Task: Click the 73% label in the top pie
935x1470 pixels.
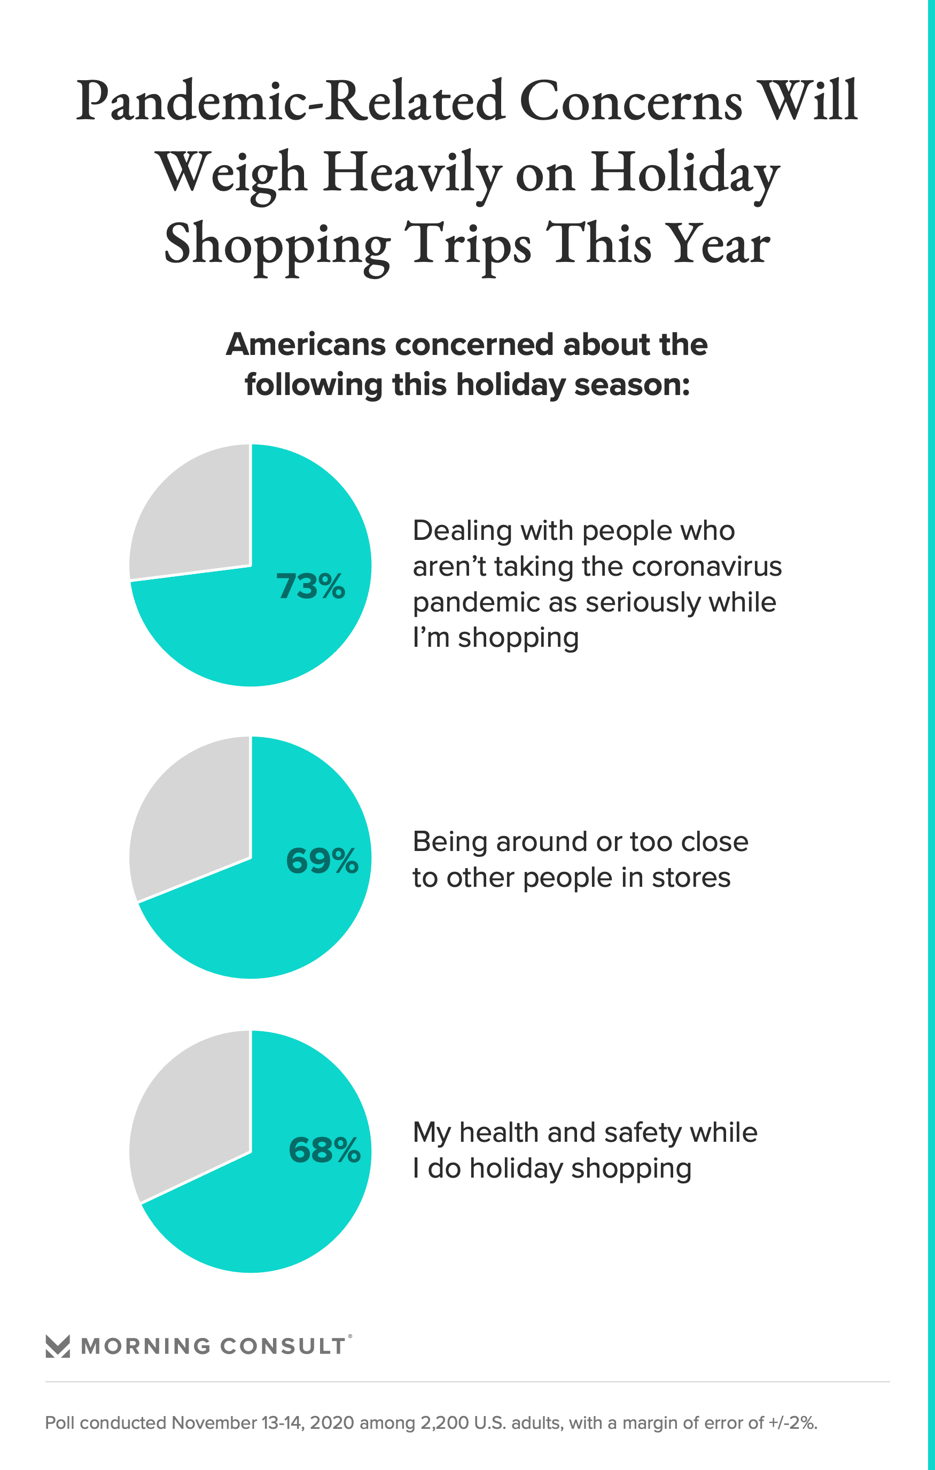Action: pos(310,586)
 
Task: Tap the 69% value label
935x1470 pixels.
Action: pos(322,861)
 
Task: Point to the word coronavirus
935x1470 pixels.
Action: pos(706,567)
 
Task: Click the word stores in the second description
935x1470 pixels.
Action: pos(691,877)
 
